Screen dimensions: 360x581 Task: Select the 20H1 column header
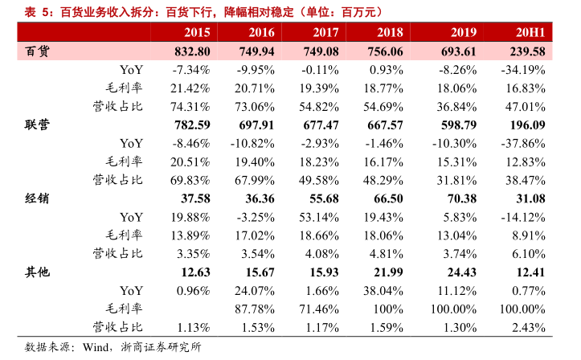coord(529,33)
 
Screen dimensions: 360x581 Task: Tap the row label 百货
coord(36,51)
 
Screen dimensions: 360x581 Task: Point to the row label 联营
coord(36,125)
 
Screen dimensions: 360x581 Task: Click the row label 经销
coord(36,198)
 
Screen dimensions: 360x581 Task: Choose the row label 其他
coord(36,272)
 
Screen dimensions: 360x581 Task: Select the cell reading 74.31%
coord(190,106)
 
